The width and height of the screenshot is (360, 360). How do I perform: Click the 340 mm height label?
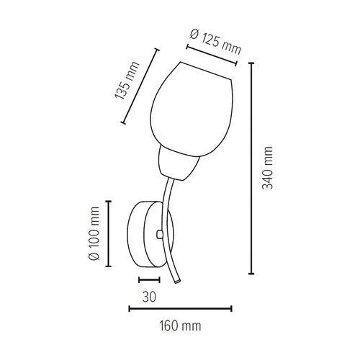click(267, 168)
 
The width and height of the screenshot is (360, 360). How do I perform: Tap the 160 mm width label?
click(180, 326)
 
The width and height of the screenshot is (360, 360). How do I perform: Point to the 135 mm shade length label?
click(127, 81)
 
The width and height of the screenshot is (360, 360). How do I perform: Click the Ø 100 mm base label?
click(94, 233)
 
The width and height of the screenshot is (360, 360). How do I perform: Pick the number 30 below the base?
click(149, 297)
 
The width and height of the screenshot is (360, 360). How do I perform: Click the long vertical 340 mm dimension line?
click(251, 168)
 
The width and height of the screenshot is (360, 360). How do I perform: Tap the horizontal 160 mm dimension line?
click(180, 309)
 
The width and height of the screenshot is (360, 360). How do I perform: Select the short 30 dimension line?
click(149, 279)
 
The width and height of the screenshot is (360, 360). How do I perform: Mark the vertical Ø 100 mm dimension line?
click(109, 233)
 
